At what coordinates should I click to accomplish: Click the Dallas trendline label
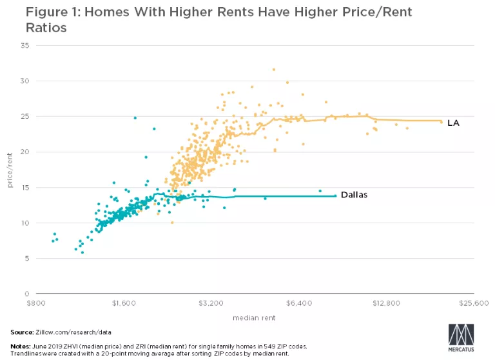tap(354, 194)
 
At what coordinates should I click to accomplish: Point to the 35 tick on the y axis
tap(26, 46)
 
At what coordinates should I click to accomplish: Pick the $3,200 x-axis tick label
tap(211, 302)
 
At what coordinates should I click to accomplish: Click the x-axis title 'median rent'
tap(255, 317)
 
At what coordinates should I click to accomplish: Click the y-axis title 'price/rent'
tap(10, 170)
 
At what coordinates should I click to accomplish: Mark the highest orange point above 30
tap(273, 69)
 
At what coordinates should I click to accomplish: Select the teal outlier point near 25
tap(135, 118)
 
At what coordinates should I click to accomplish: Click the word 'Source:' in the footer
tap(22, 332)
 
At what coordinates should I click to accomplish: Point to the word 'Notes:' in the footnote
tap(21, 347)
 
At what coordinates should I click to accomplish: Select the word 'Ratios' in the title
tap(27, 28)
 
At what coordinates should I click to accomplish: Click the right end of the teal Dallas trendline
tap(335, 195)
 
